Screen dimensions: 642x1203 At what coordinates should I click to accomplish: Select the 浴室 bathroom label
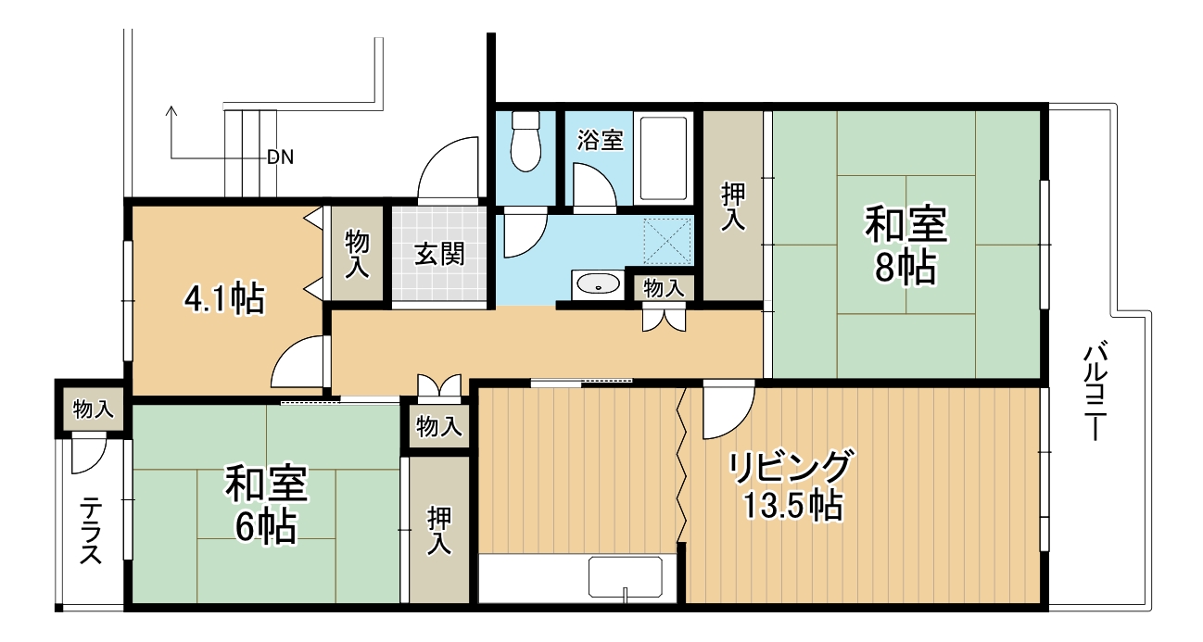(600, 141)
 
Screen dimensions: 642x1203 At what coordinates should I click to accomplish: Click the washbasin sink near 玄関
(597, 284)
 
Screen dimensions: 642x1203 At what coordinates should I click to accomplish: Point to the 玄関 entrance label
(439, 253)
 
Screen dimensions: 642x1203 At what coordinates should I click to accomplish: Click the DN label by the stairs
(280, 157)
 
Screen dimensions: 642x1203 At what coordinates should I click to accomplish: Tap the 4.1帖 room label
(224, 298)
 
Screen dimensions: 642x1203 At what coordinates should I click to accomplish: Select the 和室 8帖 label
(905, 245)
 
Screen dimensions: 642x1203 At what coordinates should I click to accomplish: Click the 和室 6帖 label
(266, 505)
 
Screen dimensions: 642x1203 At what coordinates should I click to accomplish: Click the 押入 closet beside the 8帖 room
(733, 206)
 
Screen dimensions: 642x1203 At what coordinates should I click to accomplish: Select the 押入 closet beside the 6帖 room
(439, 531)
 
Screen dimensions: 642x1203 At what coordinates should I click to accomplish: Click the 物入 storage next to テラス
(93, 409)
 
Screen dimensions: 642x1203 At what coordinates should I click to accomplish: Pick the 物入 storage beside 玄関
(358, 255)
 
